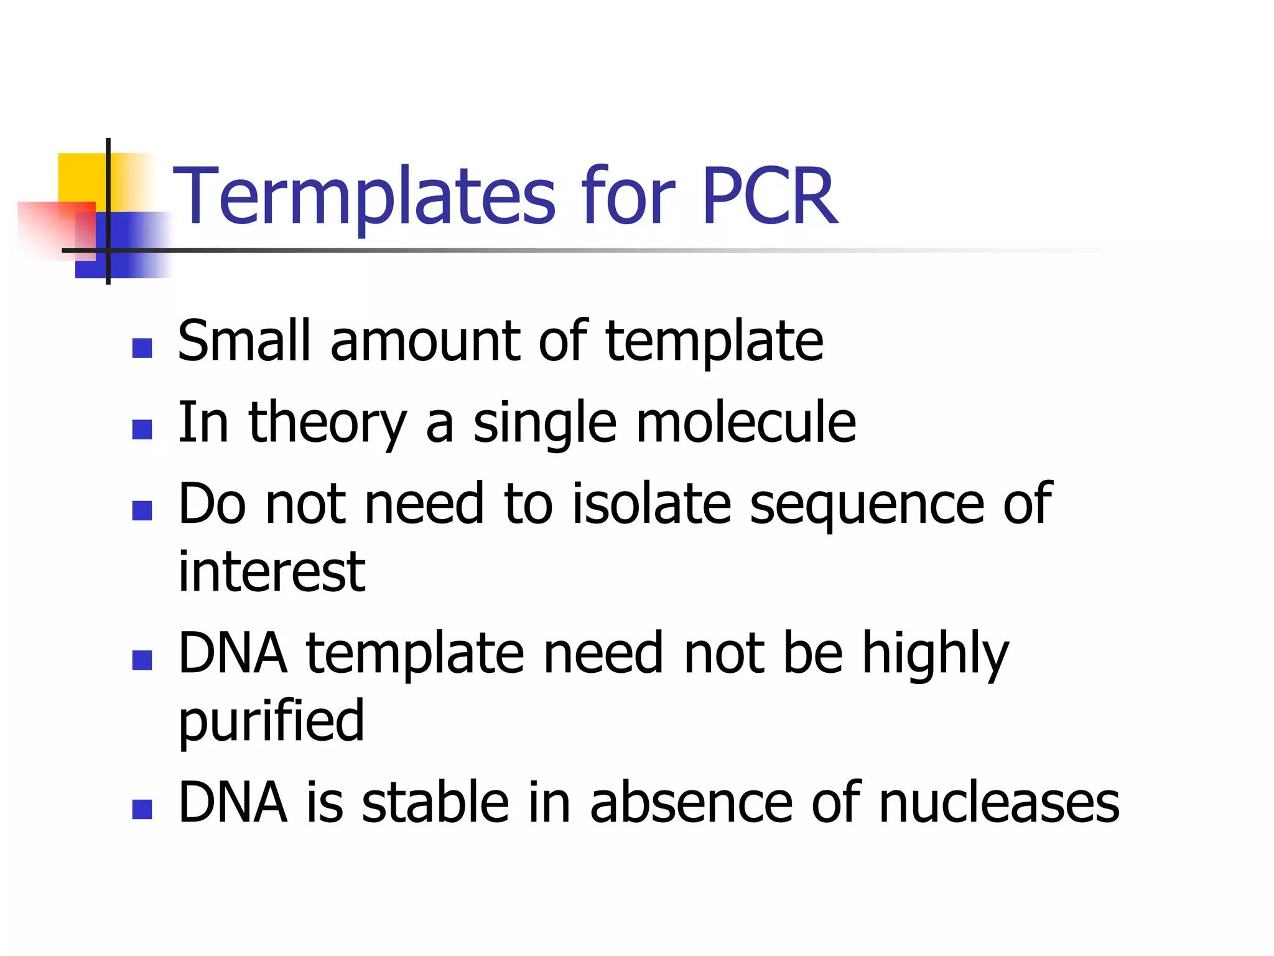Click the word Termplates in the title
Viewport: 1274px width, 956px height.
click(x=364, y=197)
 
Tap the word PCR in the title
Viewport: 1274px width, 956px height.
click(x=770, y=197)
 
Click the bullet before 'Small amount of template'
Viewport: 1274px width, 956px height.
click(x=142, y=348)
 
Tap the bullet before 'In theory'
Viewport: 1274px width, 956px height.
click(x=142, y=429)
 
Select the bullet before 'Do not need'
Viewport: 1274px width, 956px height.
click(x=142, y=510)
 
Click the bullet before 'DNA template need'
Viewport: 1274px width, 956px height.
click(x=142, y=660)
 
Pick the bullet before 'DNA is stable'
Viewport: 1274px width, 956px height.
click(x=142, y=809)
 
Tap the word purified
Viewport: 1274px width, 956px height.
click(x=271, y=722)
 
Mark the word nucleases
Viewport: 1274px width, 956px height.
click(x=999, y=803)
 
